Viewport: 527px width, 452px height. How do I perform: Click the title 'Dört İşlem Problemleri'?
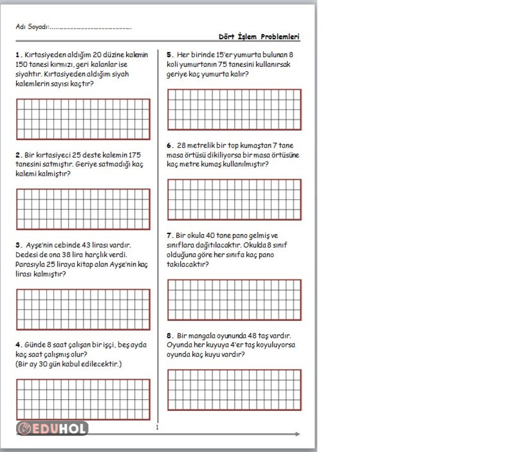click(x=259, y=37)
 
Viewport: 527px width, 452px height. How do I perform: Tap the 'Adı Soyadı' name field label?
click(x=32, y=27)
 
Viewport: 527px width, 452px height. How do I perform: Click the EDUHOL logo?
click(x=52, y=428)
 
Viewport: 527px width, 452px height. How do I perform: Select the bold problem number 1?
click(x=18, y=55)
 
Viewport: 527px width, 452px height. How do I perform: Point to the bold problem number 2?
click(x=18, y=155)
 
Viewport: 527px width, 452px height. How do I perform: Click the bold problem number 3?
click(x=19, y=246)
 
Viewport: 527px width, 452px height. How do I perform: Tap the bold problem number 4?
click(x=19, y=345)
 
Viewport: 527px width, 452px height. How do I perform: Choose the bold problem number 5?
click(x=170, y=55)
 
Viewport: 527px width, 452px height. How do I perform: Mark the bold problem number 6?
click(x=170, y=146)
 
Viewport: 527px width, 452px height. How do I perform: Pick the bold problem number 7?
click(x=170, y=236)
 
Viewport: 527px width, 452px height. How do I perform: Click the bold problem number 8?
click(x=170, y=335)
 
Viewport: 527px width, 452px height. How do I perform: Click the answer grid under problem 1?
click(x=83, y=119)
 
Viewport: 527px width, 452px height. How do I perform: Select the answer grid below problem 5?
click(x=234, y=109)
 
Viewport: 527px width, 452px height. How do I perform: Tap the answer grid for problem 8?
click(x=234, y=390)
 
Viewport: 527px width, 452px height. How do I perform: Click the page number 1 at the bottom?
click(x=157, y=428)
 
